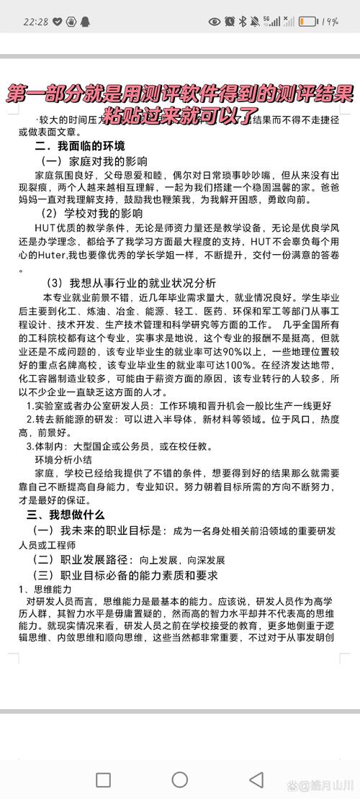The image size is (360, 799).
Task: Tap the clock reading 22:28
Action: (x=35, y=21)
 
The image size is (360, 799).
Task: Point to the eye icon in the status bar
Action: (x=215, y=22)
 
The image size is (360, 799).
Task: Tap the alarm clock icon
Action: (x=230, y=22)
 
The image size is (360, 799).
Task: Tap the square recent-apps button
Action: (x=103, y=780)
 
